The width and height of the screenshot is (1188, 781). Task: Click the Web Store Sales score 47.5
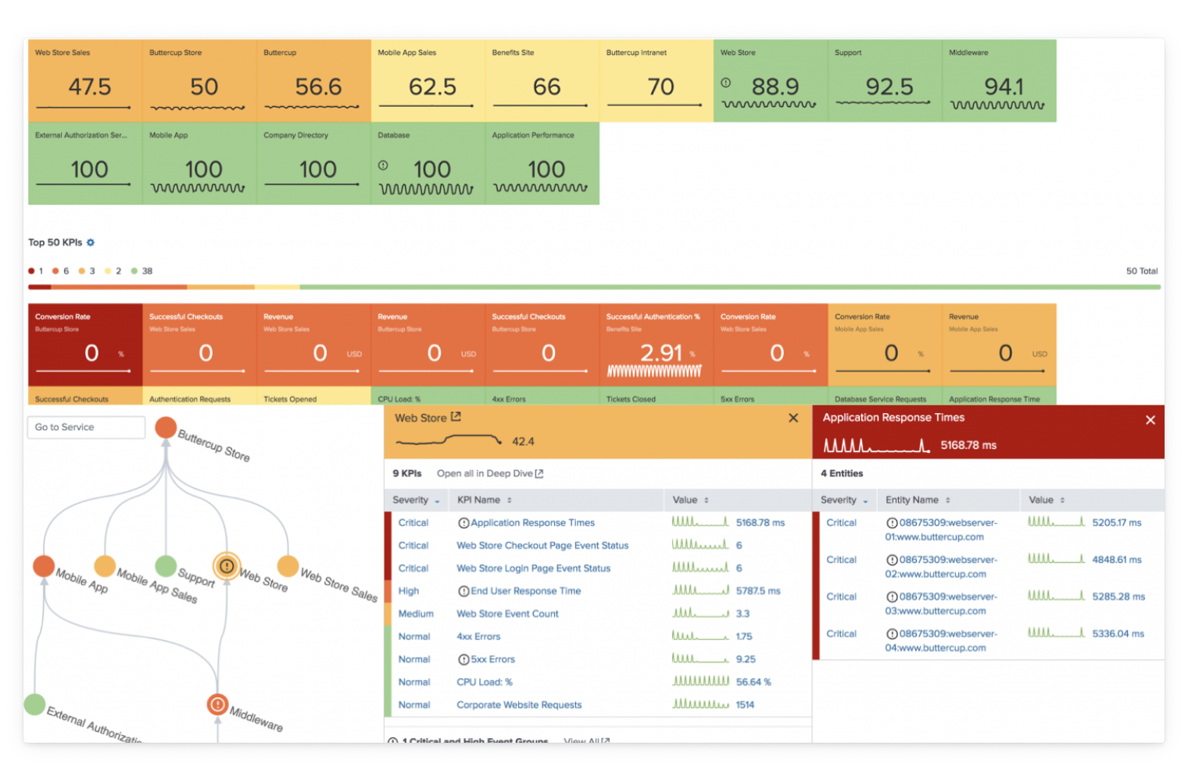pyautogui.click(x=89, y=87)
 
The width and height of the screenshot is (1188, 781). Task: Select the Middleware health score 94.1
pyautogui.click(x=1004, y=87)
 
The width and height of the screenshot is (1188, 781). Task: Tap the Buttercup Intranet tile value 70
pyautogui.click(x=660, y=87)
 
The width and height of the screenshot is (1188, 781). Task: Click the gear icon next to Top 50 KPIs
pyautogui.click(x=91, y=243)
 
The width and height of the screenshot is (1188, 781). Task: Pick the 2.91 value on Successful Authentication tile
pyautogui.click(x=661, y=353)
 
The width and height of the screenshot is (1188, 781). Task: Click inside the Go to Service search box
pyautogui.click(x=86, y=427)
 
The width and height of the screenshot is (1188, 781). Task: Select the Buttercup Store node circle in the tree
pyautogui.click(x=166, y=427)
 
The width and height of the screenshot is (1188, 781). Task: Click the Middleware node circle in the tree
pyautogui.click(x=217, y=704)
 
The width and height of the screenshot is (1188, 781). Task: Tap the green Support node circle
pyautogui.click(x=166, y=565)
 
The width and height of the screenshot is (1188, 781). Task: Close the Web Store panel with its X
pyautogui.click(x=793, y=418)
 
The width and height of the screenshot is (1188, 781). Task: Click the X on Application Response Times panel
pyautogui.click(x=1150, y=420)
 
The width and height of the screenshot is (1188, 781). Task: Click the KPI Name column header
pyautogui.click(x=478, y=500)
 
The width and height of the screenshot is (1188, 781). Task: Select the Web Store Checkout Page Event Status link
pyautogui.click(x=542, y=546)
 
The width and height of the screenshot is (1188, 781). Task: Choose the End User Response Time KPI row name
pyautogui.click(x=525, y=591)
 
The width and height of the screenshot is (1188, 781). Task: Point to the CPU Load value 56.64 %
pyautogui.click(x=753, y=682)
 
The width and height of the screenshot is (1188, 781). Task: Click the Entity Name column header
pyautogui.click(x=912, y=500)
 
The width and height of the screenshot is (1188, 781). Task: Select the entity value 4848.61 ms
pyautogui.click(x=1116, y=560)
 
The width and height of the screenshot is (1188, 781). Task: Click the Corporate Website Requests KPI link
pyautogui.click(x=519, y=704)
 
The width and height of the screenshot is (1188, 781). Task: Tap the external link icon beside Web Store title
pyautogui.click(x=456, y=417)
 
